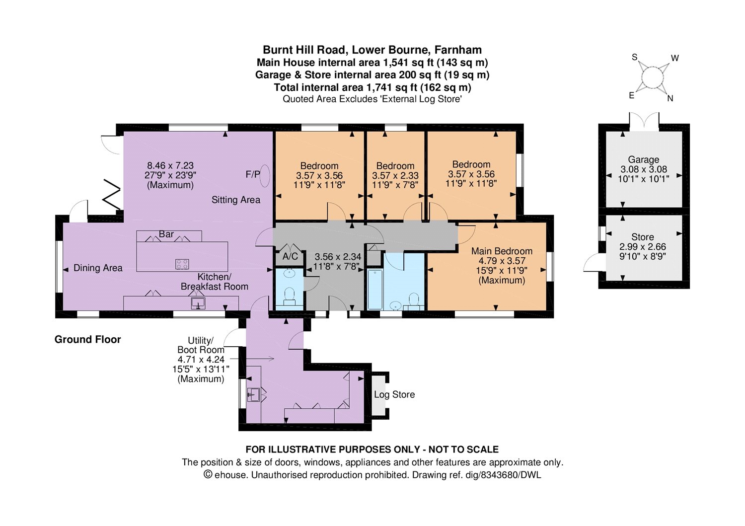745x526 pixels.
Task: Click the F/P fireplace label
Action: [x=252, y=174]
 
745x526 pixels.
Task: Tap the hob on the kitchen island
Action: [x=182, y=265]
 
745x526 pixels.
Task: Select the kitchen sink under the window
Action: [x=198, y=303]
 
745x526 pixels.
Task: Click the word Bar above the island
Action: [x=166, y=234]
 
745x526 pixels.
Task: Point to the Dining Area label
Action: [x=98, y=268]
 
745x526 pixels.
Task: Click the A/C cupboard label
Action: [x=291, y=256]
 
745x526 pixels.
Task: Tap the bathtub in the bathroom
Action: [x=375, y=290]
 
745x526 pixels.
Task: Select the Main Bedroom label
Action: [x=502, y=251]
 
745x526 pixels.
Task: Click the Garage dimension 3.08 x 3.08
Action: [x=644, y=169]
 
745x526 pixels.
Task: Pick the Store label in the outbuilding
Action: [x=643, y=237]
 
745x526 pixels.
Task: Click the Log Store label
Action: [x=394, y=394]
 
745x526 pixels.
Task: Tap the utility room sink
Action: [x=253, y=394]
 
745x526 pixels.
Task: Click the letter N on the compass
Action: [x=670, y=98]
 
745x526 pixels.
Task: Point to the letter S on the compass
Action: [x=635, y=57]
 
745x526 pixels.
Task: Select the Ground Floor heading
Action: [x=88, y=339]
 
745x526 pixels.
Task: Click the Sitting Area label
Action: [x=236, y=200]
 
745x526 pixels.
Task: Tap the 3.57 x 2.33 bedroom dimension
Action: [x=395, y=175]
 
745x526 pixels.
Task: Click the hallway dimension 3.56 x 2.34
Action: [x=338, y=257]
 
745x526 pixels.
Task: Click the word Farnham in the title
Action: [x=458, y=50]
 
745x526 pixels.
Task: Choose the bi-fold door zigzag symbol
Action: [x=111, y=195]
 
